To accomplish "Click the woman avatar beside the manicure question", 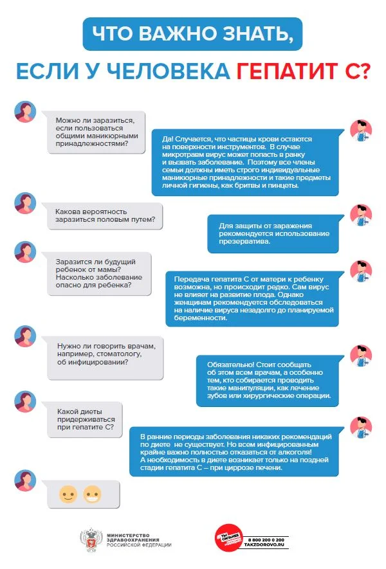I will click(25, 112).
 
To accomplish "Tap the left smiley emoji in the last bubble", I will click(68, 494).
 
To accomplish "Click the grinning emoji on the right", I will click(93, 494).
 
